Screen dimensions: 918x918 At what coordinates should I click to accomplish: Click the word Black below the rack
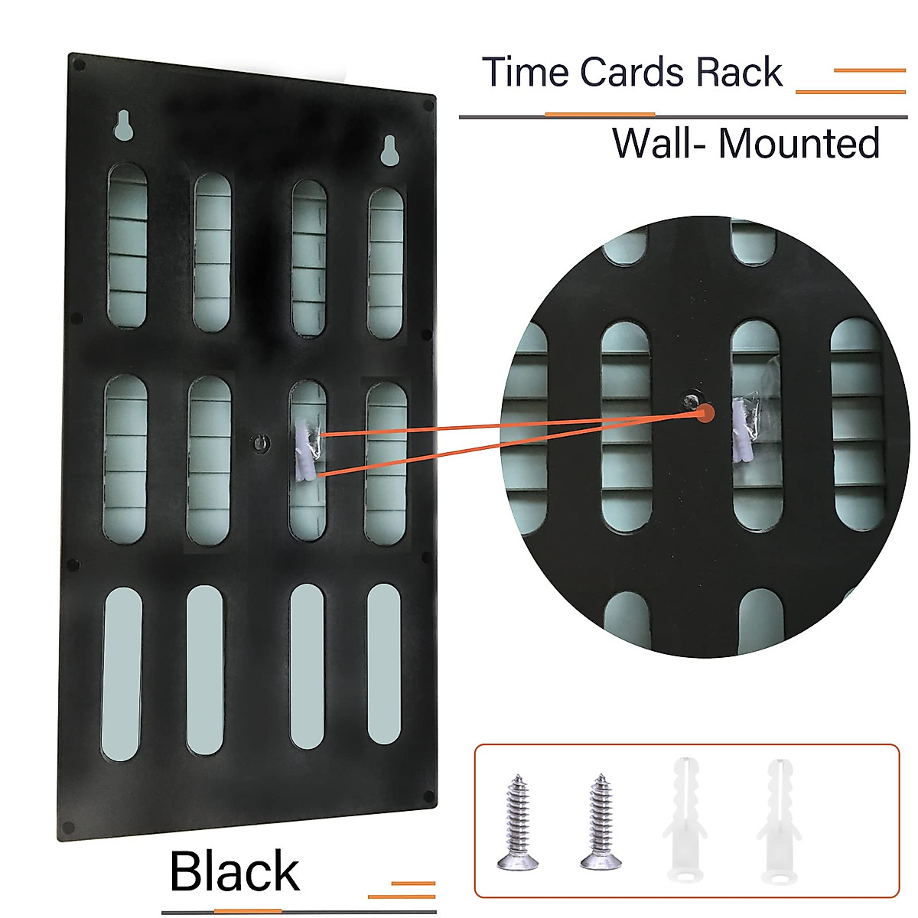point(234,871)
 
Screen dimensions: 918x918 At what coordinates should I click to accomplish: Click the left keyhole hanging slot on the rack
point(122,125)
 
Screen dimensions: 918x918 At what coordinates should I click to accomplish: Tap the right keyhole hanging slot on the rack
point(389,150)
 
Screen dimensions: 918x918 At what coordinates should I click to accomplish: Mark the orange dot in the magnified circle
point(705,413)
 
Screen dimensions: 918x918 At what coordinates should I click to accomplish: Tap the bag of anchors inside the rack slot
point(307,451)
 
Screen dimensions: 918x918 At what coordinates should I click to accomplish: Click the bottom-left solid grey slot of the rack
point(122,673)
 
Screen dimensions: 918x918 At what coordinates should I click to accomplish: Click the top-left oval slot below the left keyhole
point(127,245)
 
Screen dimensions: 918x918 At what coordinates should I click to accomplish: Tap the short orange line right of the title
point(869,70)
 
